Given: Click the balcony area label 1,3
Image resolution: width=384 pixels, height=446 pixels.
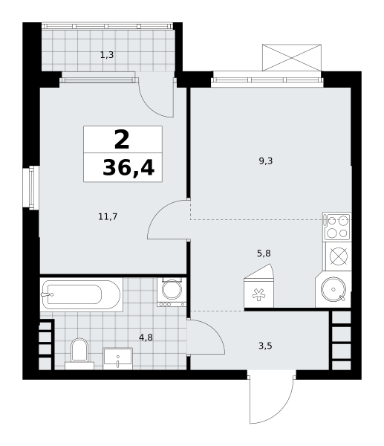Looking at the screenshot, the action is (x=107, y=55).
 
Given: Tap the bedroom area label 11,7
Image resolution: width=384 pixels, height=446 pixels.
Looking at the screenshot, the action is (x=108, y=217).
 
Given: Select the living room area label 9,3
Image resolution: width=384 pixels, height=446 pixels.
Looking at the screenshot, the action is (x=266, y=161).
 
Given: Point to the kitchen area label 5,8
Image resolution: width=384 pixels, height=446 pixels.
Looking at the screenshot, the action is (x=264, y=253).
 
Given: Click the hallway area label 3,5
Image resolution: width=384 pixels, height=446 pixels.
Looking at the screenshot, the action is (x=265, y=346).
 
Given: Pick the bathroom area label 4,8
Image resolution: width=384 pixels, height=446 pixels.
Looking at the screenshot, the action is (x=146, y=337).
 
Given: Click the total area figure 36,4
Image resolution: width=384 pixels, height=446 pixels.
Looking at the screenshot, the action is (x=128, y=168).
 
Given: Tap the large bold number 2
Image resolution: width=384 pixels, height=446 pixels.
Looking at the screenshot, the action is (x=122, y=140).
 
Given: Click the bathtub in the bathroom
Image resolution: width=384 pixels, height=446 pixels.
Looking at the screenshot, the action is (x=81, y=294).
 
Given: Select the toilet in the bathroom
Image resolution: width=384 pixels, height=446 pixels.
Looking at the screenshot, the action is (x=79, y=354).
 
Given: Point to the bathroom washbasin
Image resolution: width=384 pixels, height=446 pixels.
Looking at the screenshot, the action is (x=117, y=358).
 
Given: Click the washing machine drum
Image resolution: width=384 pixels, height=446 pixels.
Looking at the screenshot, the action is (x=172, y=290).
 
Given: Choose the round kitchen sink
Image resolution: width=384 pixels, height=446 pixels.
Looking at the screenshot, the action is (x=333, y=289).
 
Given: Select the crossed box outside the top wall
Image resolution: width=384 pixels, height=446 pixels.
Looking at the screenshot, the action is (x=292, y=58).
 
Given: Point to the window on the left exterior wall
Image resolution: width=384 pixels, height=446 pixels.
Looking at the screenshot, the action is (x=31, y=188).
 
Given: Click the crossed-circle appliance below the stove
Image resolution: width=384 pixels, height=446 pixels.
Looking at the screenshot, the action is (x=339, y=256).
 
